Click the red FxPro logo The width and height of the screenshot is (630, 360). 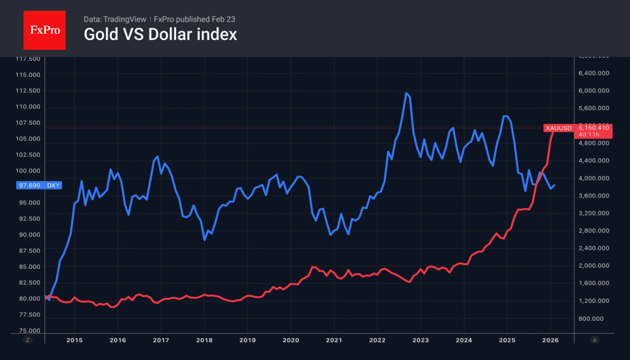click(44, 29)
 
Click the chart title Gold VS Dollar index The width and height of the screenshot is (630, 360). click(160, 34)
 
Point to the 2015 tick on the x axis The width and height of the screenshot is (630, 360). click(74, 340)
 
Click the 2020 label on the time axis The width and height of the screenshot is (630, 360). click(290, 340)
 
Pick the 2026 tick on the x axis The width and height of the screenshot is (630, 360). click(551, 340)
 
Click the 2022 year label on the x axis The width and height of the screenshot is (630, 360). click(377, 340)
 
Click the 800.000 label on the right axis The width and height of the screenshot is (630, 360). click(596, 319)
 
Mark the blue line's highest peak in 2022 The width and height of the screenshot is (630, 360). click(406, 93)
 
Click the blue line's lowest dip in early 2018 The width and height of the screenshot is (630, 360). click(204, 239)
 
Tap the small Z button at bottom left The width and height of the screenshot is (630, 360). click(27, 340)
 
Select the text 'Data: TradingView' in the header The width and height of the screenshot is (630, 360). click(111, 19)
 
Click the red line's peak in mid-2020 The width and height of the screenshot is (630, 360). click(313, 267)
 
